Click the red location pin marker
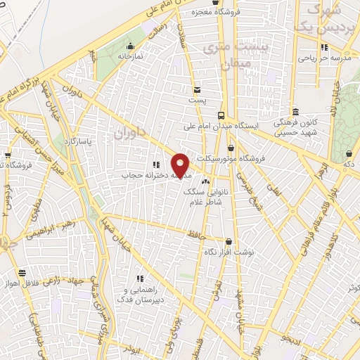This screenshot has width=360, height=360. (181, 165)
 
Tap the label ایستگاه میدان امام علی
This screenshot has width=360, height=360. (221, 127)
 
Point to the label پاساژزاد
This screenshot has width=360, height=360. (78, 141)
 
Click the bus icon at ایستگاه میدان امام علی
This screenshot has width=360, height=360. (221, 115)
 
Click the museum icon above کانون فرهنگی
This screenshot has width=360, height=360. (295, 111)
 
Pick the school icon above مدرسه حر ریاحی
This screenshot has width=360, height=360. (324, 48)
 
